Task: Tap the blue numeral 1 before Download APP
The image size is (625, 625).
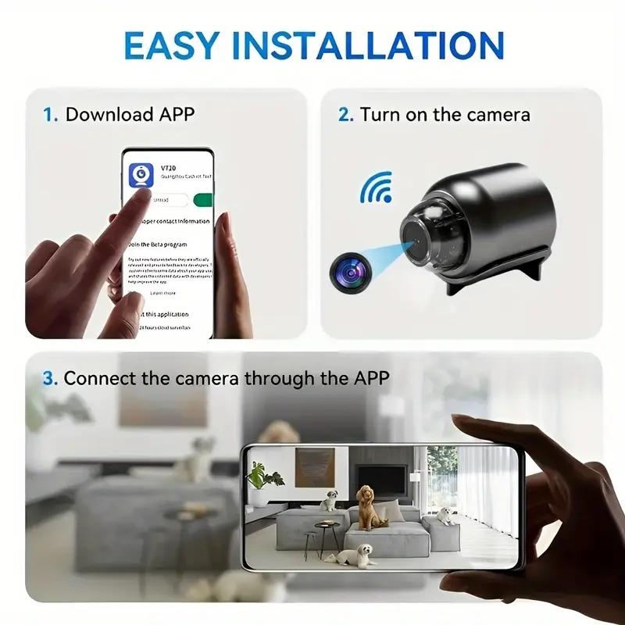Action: (50, 115)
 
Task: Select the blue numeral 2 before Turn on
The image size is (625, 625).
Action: (345, 115)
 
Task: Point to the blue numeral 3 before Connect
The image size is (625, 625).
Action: (50, 379)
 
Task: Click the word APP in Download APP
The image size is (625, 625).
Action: (177, 115)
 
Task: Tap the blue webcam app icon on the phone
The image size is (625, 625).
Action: (144, 177)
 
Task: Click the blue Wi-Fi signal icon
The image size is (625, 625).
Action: (375, 188)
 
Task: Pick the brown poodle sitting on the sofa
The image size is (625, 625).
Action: (367, 505)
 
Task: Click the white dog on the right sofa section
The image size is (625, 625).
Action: (445, 516)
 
